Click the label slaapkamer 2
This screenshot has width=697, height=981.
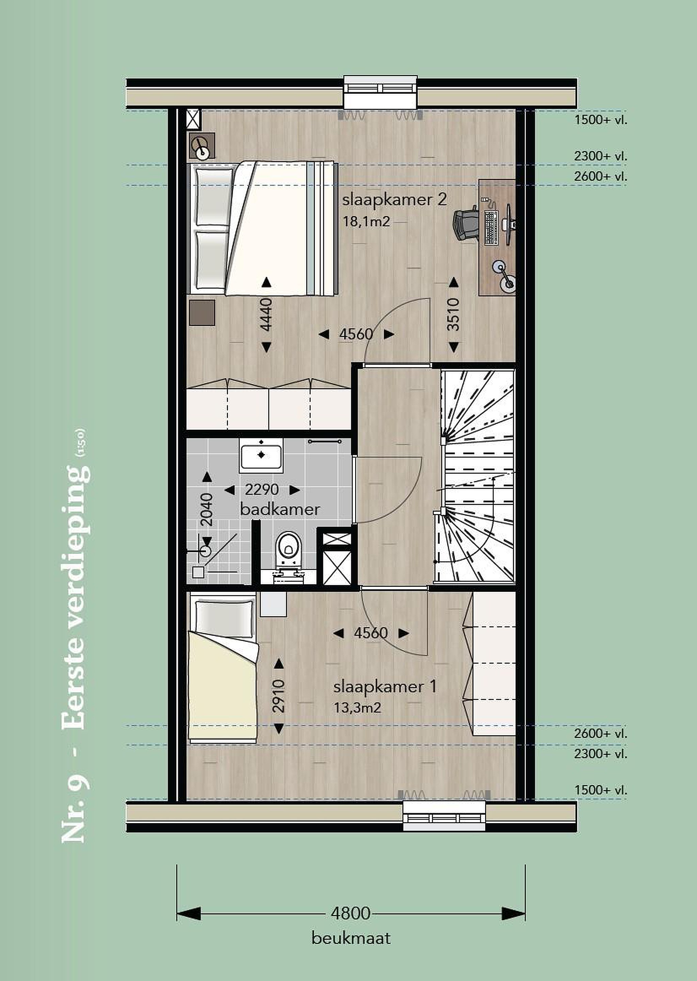(394, 200)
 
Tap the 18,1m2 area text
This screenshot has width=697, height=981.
(366, 221)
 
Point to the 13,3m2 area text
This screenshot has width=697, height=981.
(358, 707)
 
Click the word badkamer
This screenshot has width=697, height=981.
(280, 510)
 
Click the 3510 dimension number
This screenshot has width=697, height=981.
(453, 315)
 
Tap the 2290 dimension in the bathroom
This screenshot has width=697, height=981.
(262, 489)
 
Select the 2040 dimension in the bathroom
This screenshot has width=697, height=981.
(206, 510)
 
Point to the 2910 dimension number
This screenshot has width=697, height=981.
(279, 696)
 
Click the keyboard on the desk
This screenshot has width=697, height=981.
(491, 228)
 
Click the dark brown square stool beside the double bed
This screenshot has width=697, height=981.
(202, 313)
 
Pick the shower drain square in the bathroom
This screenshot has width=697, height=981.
(198, 572)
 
